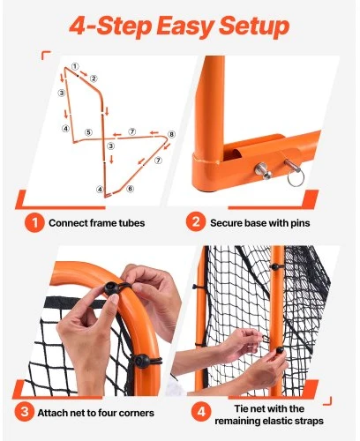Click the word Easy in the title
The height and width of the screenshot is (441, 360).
pos(184,26)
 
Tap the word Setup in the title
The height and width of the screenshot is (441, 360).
pos(254,27)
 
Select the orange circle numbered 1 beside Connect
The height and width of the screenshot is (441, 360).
pos(34,222)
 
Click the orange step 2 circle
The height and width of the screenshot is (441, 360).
pos(196,222)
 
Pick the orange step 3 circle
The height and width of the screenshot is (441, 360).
pos(25,412)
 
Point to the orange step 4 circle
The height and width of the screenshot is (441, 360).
pos(201,412)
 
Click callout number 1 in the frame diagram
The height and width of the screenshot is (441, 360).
pos(75,66)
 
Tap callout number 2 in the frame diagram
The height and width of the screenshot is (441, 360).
pos(94,78)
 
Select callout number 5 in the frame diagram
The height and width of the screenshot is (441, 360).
pos(89,132)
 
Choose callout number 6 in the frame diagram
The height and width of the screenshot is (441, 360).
pos(131,189)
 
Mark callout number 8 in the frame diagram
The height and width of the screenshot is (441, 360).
pos(171,135)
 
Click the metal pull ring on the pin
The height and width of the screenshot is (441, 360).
pos(296,178)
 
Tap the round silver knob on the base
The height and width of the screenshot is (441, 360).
pos(263,171)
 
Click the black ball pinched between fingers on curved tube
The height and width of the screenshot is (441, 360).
pos(111,288)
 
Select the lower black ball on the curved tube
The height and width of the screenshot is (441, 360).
pos(142,361)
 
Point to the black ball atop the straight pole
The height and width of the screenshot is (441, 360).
pos(274,266)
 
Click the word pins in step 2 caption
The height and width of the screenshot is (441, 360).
pos(300,223)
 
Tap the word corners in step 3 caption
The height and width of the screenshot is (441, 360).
pos(137,413)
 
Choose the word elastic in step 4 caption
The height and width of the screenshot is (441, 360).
pos(276,421)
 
